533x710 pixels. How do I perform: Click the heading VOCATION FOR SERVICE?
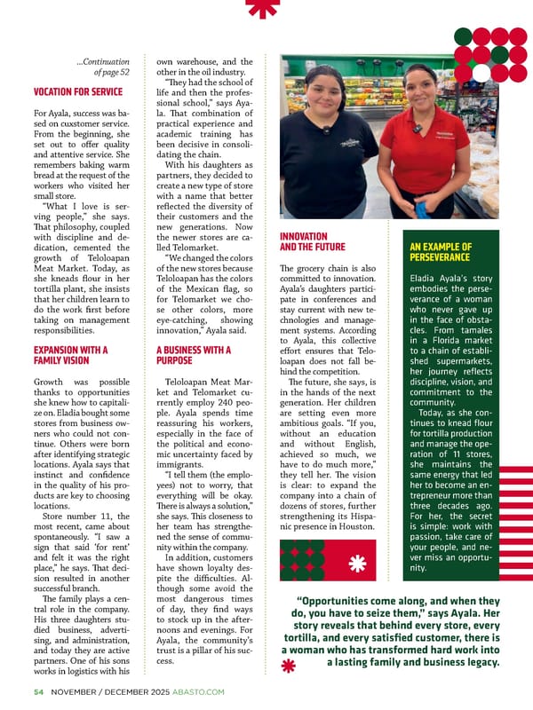pos(77,91)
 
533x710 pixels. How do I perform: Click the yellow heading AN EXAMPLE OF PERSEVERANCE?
pos(441,252)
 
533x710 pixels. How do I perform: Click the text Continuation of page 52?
pos(104,67)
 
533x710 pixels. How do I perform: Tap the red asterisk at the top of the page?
pos(261,8)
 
